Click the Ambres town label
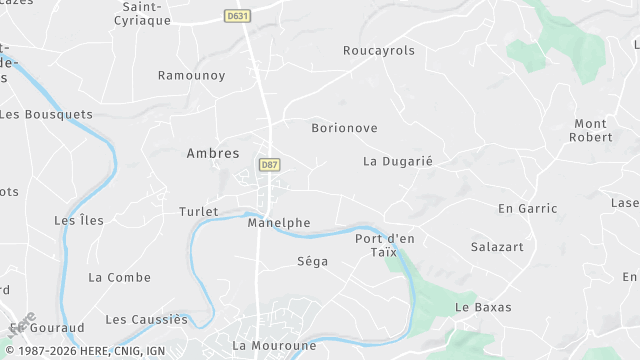(213, 154)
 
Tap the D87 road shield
(268, 165)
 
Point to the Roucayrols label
(378, 51)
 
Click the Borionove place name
(344, 129)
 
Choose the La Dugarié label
(397, 161)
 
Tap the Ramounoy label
(191, 76)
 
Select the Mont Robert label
(591, 130)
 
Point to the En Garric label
(527, 209)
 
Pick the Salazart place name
(497, 246)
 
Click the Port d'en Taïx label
(385, 245)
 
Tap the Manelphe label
(278, 223)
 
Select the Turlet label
(198, 212)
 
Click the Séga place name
(312, 262)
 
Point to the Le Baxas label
(483, 307)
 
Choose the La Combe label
(119, 277)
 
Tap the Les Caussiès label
(146, 320)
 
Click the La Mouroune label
(274, 346)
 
